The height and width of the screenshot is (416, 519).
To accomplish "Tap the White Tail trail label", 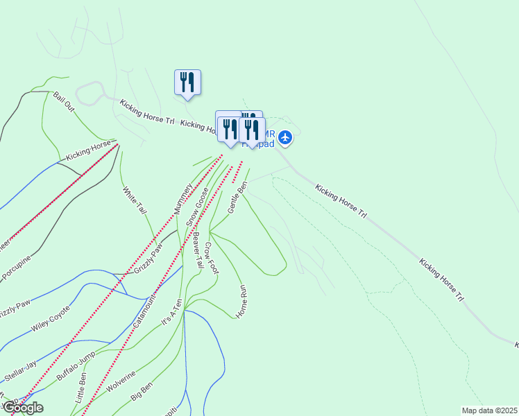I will click(x=135, y=199).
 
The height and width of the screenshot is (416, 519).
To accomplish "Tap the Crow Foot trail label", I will click(x=211, y=258).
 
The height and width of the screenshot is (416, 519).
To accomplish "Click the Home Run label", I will click(x=242, y=301).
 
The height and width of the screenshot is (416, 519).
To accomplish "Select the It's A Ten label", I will click(x=172, y=312).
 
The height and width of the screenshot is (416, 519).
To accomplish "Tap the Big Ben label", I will click(x=141, y=392).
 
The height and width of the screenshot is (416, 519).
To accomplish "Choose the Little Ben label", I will click(x=81, y=388).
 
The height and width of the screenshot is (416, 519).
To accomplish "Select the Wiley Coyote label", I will click(x=51, y=319).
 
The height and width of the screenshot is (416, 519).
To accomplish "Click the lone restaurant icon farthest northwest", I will click(x=187, y=82).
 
